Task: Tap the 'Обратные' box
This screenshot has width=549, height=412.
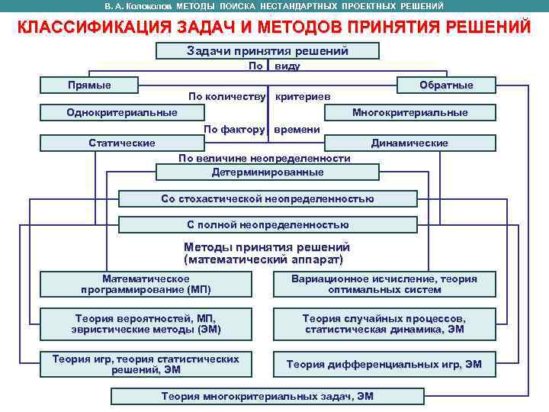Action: tap(446, 85)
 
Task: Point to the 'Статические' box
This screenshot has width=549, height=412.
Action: tap(122, 143)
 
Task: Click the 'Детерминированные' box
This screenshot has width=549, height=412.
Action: tap(268, 172)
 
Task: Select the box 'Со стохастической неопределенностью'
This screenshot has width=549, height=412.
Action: tap(268, 199)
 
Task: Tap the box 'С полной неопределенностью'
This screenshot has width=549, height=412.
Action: tap(268, 225)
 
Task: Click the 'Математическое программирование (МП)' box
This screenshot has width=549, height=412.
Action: tap(146, 285)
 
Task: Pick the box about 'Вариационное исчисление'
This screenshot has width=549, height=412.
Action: tap(384, 285)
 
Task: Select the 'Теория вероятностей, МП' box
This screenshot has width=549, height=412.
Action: tap(146, 324)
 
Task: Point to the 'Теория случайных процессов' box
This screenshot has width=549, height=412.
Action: tap(384, 324)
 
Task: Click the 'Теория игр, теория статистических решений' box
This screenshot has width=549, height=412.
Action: tap(146, 364)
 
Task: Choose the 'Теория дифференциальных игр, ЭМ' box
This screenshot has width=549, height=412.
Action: tap(384, 365)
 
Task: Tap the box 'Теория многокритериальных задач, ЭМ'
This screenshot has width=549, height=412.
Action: tap(268, 396)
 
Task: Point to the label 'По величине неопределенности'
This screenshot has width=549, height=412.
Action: tap(264, 159)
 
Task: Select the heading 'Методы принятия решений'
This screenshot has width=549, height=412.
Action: tap(267, 247)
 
